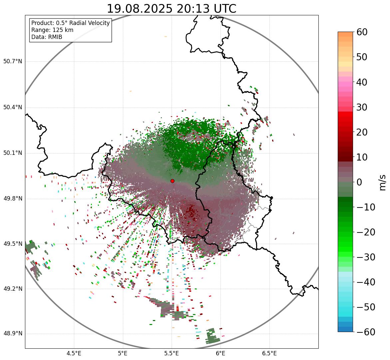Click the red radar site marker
(x=173, y=181)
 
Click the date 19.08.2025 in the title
(x=140, y=9)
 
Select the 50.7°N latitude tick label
(x=13, y=62)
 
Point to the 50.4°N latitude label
(x=13, y=108)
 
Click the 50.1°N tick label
(x=13, y=153)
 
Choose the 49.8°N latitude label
(x=13, y=199)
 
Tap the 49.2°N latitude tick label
(x=13, y=289)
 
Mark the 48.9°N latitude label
(x=13, y=334)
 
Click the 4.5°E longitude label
(x=74, y=353)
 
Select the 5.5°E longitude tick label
(x=172, y=353)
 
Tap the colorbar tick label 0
(x=359, y=182)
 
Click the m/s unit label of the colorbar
(x=383, y=182)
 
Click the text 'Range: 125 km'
(x=52, y=30)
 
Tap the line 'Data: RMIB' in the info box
(x=47, y=37)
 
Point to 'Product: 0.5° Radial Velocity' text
(x=70, y=23)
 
